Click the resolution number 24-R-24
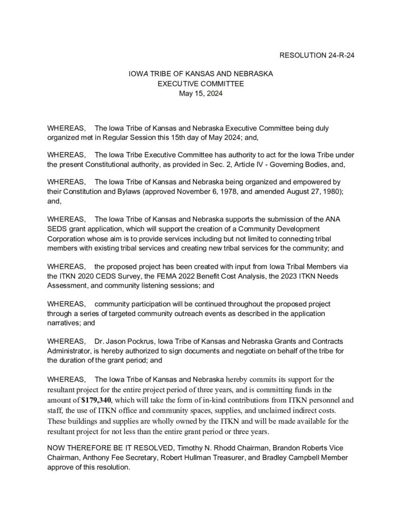tap(338, 55)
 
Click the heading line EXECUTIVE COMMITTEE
tap(201, 83)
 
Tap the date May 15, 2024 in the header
tap(201, 93)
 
